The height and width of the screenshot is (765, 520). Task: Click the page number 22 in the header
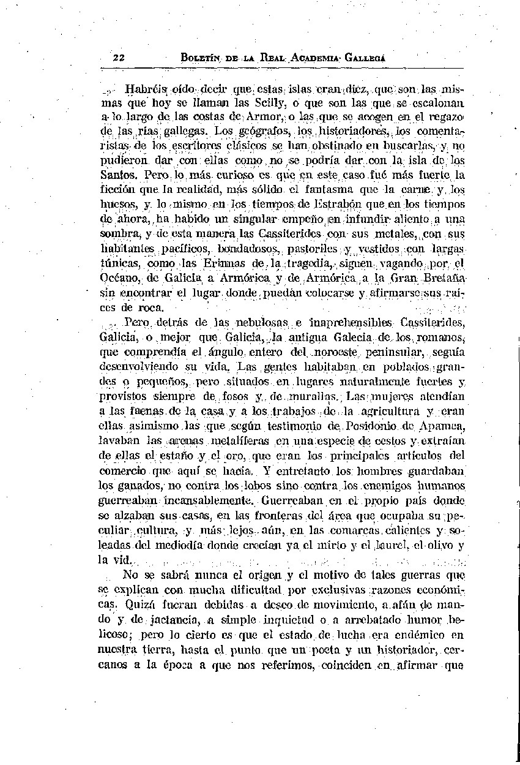[x=119, y=58]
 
